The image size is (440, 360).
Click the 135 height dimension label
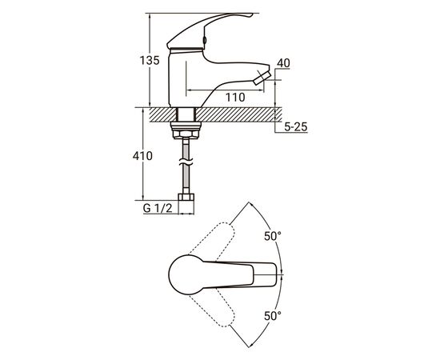150,60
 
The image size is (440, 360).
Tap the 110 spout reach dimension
235,98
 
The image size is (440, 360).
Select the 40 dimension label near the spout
283,63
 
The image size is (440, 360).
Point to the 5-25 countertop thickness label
296,127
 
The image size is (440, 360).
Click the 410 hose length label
142,156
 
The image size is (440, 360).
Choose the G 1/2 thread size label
158,208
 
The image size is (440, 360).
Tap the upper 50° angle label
273,236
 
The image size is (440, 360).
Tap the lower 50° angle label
273,316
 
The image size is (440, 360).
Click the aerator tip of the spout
262,78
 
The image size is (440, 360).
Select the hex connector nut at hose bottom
186,197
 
